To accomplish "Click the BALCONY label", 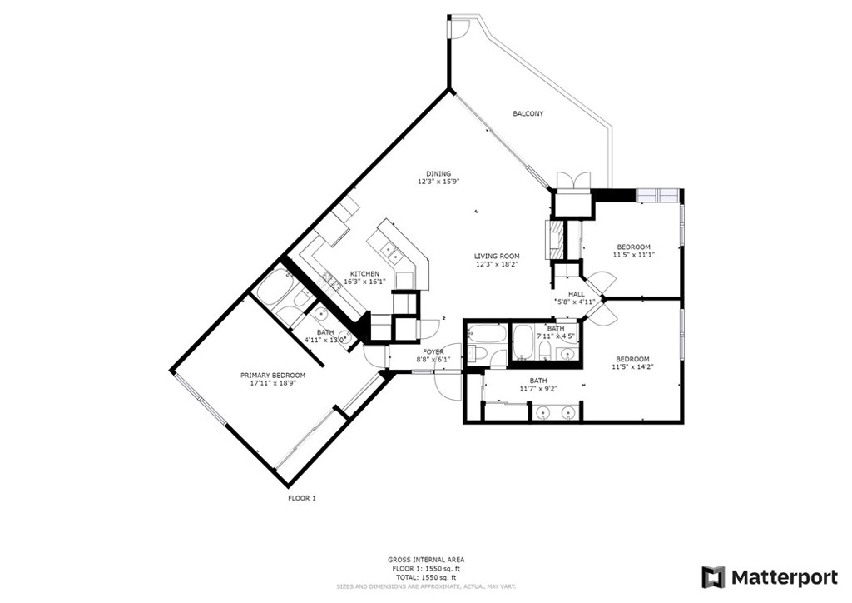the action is tap(528, 113).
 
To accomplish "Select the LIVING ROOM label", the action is tap(497, 256).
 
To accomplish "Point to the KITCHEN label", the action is tap(364, 273).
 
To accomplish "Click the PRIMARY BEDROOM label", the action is tap(273, 375).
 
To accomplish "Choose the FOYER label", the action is tap(433, 351).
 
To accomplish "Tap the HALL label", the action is tap(577, 294).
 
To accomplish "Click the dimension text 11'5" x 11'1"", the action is tap(633, 255).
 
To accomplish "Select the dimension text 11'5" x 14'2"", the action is tap(633, 367).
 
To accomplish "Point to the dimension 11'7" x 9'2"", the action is tap(538, 388).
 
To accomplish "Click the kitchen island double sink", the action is tap(390, 252).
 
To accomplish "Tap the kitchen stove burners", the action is tap(329, 281).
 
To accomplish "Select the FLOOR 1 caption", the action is tap(301, 498).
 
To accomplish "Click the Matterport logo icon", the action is tap(713, 577).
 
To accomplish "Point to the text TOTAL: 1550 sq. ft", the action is tap(425, 577).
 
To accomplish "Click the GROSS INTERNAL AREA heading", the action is tap(426, 560).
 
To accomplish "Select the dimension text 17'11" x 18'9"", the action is tap(273, 383).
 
